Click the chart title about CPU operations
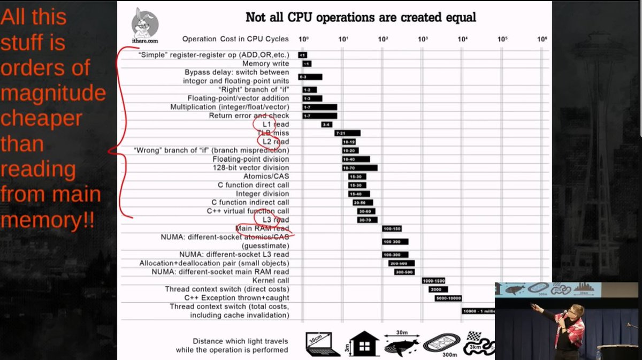[x=361, y=17]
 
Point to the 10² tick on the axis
[x=383, y=39]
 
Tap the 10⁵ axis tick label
[x=502, y=39]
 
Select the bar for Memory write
[x=307, y=64]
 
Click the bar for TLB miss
[x=347, y=133]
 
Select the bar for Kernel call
[x=433, y=280]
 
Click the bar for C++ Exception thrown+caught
[x=448, y=298]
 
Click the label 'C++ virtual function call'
[x=248, y=211]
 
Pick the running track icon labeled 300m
[x=442, y=344]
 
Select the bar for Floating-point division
[x=356, y=159]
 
